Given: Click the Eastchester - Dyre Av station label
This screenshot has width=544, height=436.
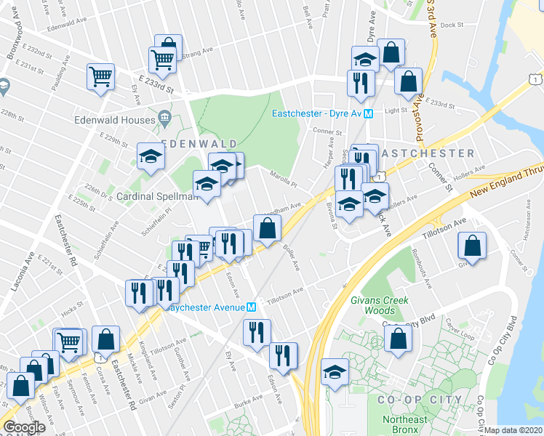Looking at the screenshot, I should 317,114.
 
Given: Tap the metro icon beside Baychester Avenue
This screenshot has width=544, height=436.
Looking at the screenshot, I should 251,307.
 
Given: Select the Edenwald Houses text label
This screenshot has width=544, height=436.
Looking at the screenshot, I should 114,120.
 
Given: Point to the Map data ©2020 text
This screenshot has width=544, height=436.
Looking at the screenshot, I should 513,430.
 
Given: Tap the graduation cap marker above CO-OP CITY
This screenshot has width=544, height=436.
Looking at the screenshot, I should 335,372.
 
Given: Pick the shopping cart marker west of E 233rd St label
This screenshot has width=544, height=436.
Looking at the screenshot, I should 101,76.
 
